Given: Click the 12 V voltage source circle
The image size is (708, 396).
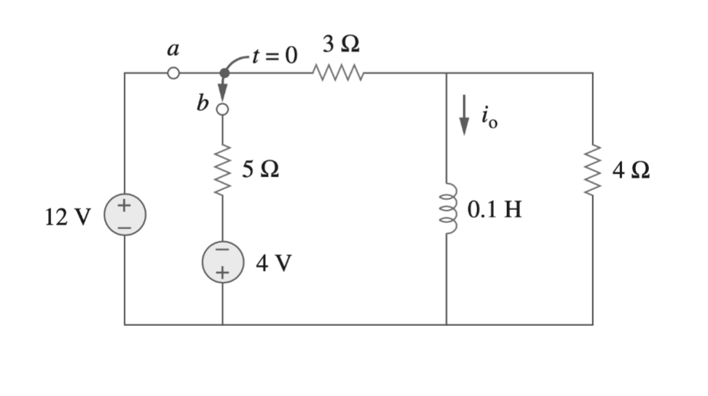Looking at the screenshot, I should click(x=125, y=217).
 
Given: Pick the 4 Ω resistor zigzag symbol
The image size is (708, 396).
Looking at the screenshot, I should click(x=592, y=172).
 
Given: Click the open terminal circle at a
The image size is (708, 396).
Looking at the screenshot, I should click(x=173, y=73).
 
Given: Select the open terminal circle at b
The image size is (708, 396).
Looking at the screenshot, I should click(x=222, y=109).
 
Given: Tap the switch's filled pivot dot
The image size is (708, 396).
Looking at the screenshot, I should click(x=224, y=73).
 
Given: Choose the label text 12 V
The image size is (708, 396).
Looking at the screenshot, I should click(x=68, y=217).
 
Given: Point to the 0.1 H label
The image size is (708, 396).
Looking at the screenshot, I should click(x=495, y=210).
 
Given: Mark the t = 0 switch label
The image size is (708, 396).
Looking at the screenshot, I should click(x=272, y=56).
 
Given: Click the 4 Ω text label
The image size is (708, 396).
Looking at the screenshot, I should click(x=631, y=172).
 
